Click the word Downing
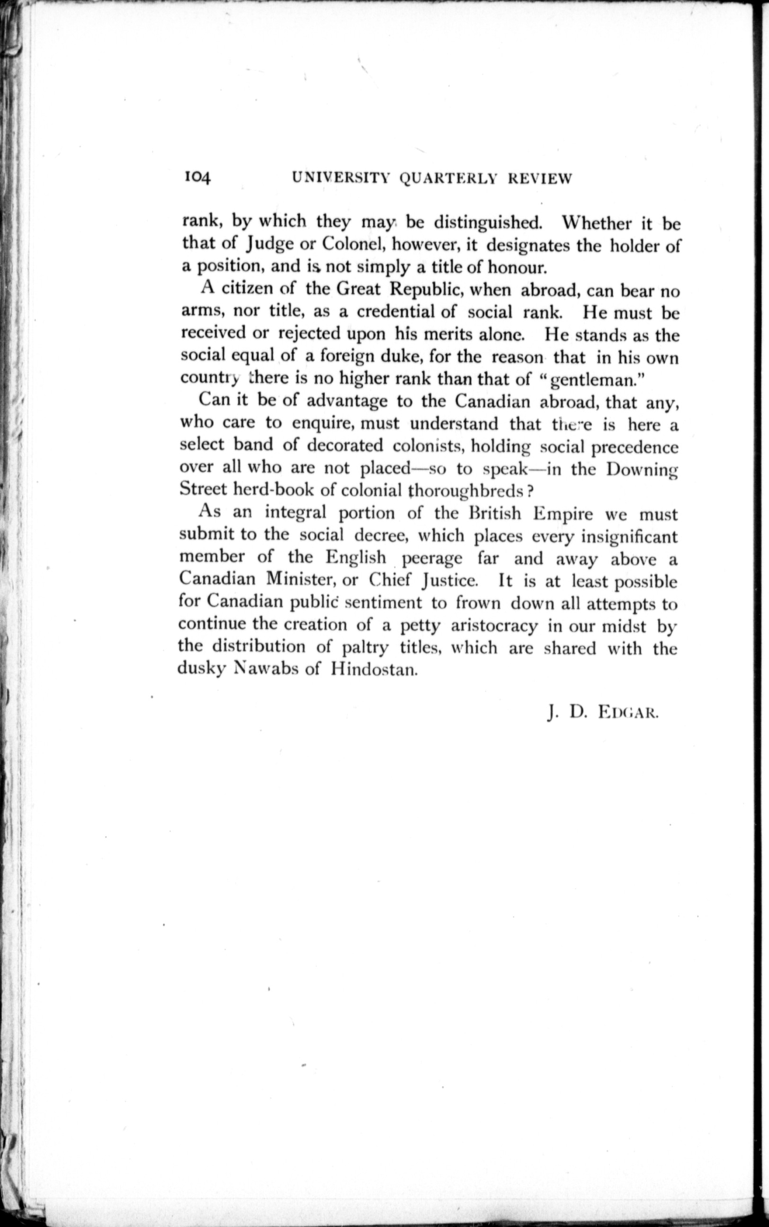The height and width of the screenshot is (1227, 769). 642,469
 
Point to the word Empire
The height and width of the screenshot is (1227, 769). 563,513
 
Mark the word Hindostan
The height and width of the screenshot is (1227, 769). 375,668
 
